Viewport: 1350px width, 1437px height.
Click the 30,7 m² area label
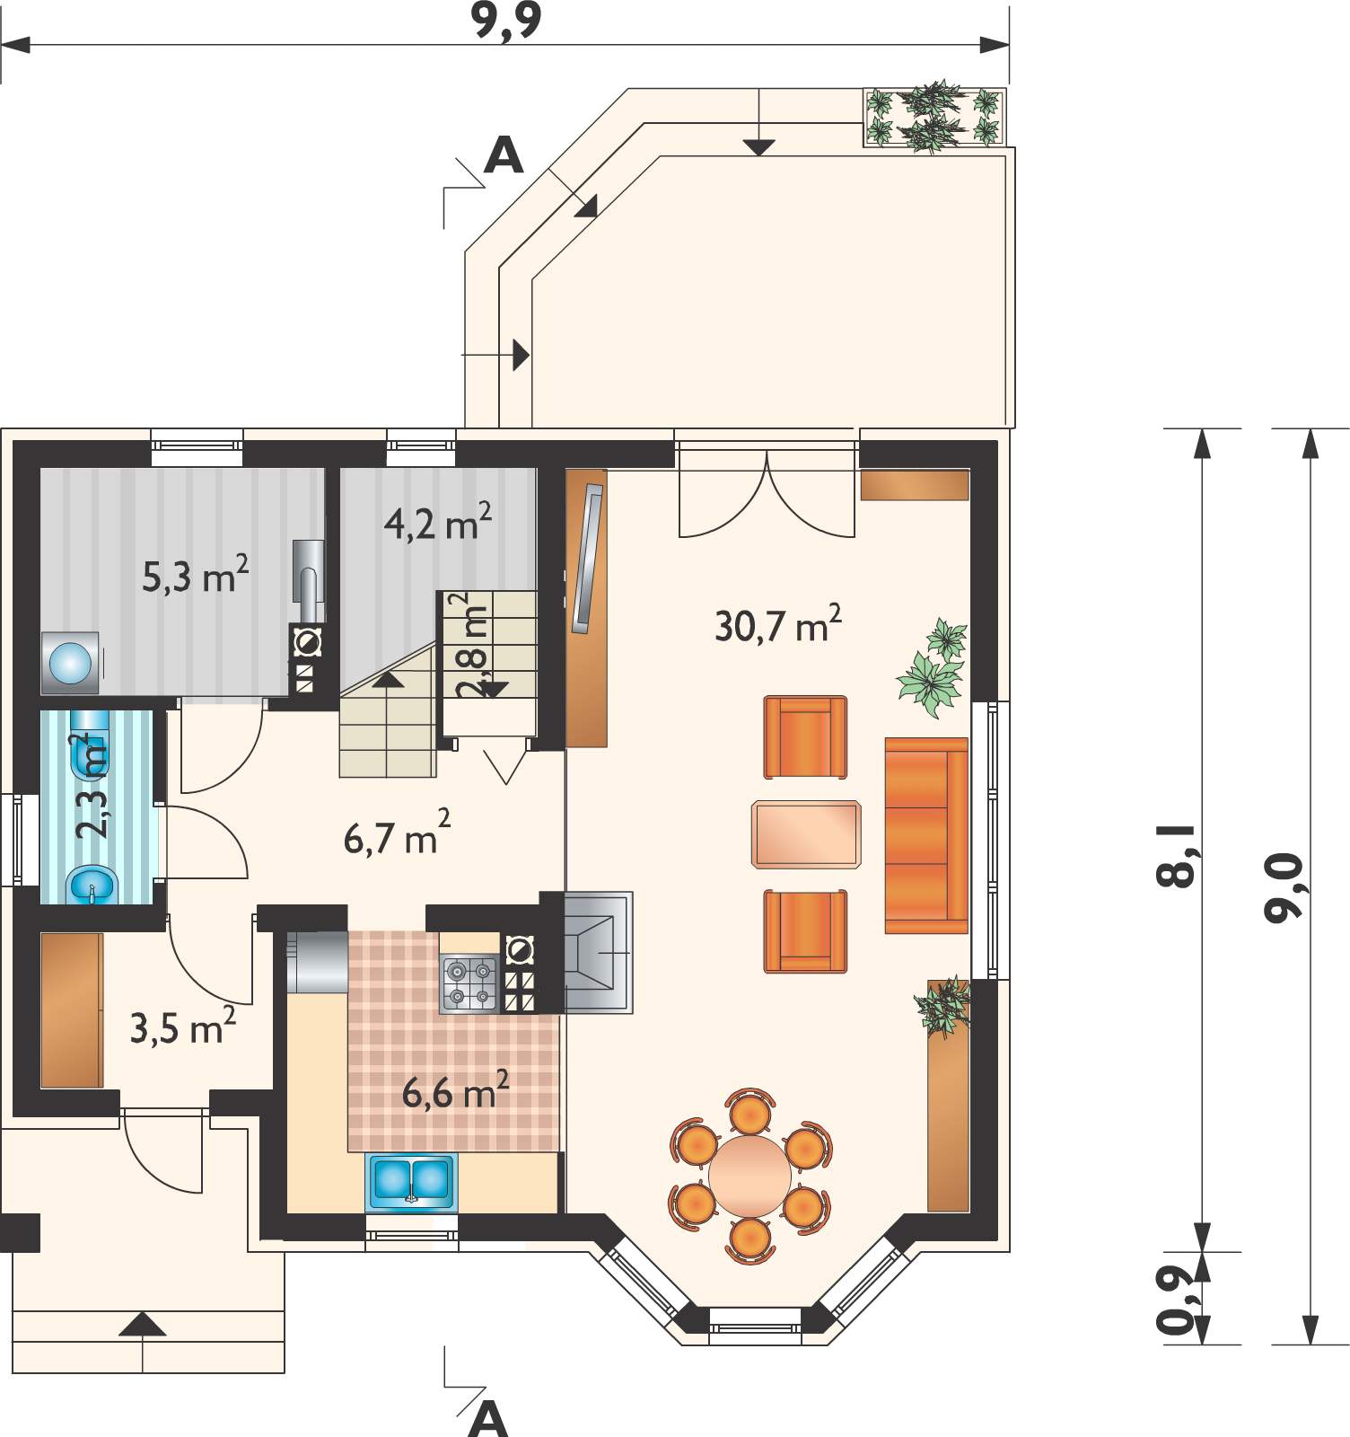click(x=778, y=624)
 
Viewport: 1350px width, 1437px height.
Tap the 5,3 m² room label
click(x=195, y=577)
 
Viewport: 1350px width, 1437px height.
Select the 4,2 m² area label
click(x=437, y=522)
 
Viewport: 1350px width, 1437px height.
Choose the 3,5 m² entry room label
click(x=183, y=1027)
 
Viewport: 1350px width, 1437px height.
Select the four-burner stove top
click(x=469, y=984)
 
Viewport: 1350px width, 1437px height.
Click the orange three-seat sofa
click(x=926, y=835)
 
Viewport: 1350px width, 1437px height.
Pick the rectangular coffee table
click(x=806, y=834)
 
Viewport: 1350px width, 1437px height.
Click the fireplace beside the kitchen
click(x=599, y=951)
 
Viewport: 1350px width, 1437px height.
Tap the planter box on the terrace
click(x=934, y=117)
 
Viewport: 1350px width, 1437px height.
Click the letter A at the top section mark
click(x=504, y=155)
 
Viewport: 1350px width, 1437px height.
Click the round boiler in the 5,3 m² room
click(x=70, y=662)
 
